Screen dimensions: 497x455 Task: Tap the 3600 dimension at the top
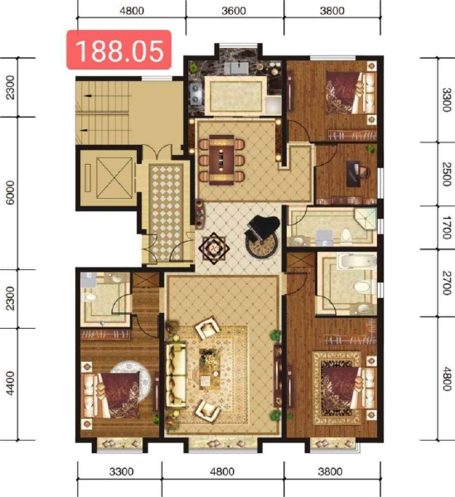point(235,11)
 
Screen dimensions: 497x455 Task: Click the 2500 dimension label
point(446,174)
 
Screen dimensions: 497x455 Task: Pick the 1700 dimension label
point(446,227)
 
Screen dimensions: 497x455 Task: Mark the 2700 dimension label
point(446,282)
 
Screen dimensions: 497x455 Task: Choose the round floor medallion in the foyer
point(214,247)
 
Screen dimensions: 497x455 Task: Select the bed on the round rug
point(119,389)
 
